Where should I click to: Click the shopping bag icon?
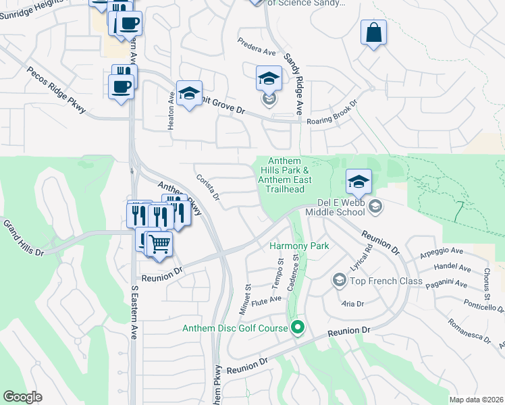[x=373, y=32]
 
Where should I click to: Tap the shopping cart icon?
[x=159, y=243]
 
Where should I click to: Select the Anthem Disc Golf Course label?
[x=236, y=329]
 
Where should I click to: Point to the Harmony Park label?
[x=299, y=246]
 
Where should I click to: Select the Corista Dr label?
[x=209, y=187]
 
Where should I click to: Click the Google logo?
[x=22, y=397]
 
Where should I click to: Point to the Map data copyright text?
[x=475, y=400]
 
